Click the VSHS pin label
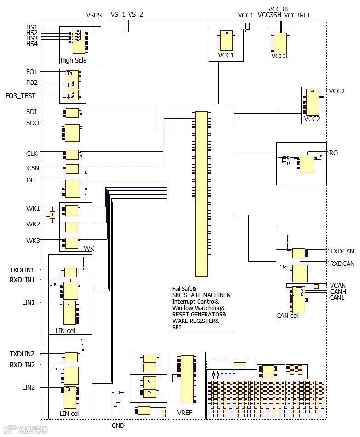94,15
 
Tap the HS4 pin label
32,44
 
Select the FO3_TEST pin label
20,95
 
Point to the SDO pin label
33,122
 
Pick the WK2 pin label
33,224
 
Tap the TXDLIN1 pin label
25,269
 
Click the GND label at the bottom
118,425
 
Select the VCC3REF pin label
297,15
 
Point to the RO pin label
333,153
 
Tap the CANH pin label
337,292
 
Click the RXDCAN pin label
342,264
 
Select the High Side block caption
74,60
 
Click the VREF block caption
185,413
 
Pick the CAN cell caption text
287,316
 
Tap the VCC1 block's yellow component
226,40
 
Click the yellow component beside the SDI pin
72,113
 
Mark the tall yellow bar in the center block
201,194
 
